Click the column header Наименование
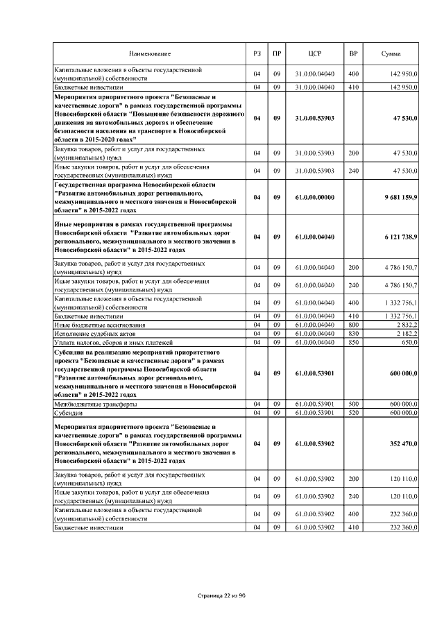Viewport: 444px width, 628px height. pyautogui.click(x=148, y=54)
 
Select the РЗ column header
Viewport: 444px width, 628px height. pyautogui.click(x=256, y=54)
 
